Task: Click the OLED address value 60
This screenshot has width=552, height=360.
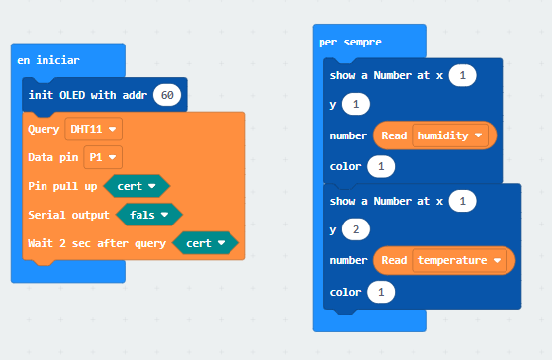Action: coord(167,95)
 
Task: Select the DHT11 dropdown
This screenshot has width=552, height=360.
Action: coord(94,129)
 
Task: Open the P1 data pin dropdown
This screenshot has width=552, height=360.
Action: coord(103,157)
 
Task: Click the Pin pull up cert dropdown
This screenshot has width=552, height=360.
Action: coord(137,186)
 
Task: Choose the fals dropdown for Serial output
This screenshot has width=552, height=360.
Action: coord(149,215)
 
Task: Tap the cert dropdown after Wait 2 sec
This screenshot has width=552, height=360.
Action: coord(206,243)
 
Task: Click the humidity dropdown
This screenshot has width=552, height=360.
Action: coord(450,135)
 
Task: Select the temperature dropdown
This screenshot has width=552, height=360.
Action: coord(459,260)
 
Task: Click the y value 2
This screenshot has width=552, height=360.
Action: coord(356,229)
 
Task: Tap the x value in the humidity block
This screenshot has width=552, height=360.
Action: coord(462,75)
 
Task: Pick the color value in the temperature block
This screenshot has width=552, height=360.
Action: coord(381,292)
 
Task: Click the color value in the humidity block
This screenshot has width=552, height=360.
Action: coord(381,166)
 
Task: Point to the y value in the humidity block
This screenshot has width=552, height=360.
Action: coord(356,104)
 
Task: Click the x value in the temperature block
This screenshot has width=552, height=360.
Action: coord(462,201)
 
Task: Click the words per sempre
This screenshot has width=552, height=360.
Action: coord(350,43)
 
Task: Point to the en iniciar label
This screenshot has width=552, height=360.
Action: coord(48,60)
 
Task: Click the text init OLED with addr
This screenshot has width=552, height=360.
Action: coord(88,95)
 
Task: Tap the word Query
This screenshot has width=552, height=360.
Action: coord(44,130)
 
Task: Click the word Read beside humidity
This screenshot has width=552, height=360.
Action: coord(394,135)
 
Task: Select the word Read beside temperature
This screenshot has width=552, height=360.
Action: coord(394,260)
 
